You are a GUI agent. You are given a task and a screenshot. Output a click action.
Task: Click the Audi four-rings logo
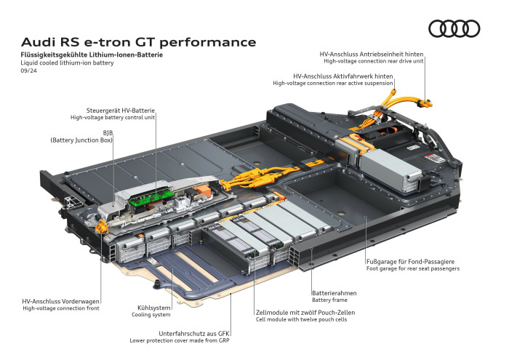coord(454,28)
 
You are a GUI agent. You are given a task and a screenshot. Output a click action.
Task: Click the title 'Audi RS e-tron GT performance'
coord(138,41)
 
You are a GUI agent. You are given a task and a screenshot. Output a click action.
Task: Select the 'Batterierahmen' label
coord(334,292)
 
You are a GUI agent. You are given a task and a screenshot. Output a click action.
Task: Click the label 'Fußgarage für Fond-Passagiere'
coord(411,261)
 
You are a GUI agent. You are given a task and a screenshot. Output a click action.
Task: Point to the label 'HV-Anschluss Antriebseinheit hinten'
coord(372,54)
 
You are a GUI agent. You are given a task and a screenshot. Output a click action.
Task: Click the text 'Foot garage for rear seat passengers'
coord(412,268)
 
